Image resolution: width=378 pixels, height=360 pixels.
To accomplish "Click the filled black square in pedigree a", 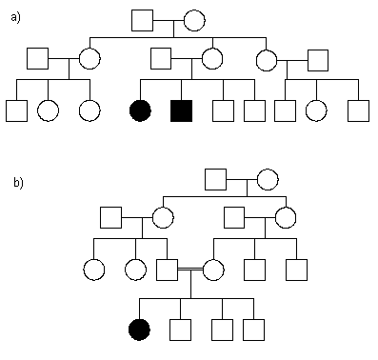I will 181,110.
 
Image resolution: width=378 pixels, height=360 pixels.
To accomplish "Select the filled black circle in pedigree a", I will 140,110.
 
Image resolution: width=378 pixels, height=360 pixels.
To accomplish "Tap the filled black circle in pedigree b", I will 140,330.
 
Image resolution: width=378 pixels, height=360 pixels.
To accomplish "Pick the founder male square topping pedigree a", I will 143,19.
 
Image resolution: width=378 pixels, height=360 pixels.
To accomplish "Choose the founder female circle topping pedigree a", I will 194,19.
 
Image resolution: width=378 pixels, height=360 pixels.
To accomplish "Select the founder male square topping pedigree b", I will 216,179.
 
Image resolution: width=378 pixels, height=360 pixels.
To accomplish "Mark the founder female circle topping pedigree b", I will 267,179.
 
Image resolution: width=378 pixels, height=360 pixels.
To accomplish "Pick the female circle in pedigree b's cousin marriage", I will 213,270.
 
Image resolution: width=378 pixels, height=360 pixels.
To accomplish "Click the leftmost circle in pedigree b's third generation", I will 93,270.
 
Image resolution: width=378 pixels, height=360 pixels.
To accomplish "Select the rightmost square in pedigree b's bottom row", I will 253,330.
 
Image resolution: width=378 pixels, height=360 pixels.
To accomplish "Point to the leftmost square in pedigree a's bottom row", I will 16,110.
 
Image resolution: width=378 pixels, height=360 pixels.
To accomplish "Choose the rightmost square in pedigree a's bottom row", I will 358,110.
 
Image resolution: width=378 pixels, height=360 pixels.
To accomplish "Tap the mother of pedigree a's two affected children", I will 212,59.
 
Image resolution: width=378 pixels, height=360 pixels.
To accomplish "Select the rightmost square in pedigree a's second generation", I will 318,59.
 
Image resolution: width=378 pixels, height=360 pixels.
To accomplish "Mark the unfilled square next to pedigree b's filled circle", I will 179,330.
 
